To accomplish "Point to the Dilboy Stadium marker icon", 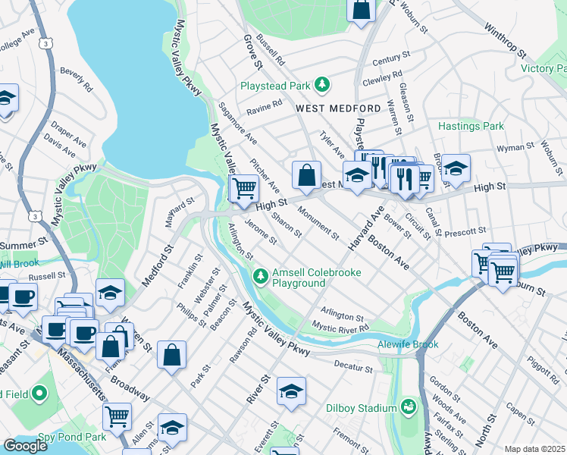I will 409,408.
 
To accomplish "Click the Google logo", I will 24,446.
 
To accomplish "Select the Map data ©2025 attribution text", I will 535,449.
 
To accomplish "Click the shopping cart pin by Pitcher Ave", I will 244,187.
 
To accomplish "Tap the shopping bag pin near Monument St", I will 305,174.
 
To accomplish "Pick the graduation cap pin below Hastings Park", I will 456,169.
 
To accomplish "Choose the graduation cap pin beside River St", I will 291,391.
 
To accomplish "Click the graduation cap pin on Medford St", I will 111,293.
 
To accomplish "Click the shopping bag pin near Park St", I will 172,353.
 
